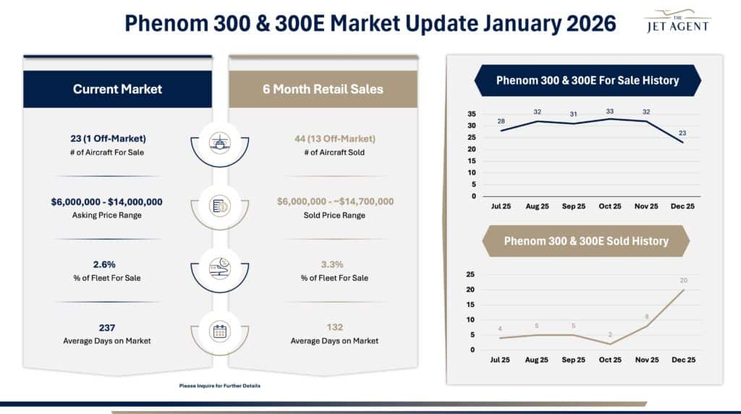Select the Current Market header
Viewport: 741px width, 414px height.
(x=117, y=89)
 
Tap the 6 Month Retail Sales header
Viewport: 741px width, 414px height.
(x=323, y=89)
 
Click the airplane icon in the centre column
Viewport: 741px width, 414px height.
(x=220, y=142)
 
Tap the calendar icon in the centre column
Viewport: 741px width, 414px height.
(x=220, y=331)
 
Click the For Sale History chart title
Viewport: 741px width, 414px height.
(x=587, y=80)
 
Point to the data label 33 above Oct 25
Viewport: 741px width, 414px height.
(x=610, y=111)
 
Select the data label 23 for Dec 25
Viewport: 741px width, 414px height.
(x=682, y=133)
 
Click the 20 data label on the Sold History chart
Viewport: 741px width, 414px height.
(x=684, y=280)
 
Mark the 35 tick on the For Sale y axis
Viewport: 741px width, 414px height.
(x=471, y=114)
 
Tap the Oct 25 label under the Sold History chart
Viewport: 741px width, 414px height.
(x=610, y=360)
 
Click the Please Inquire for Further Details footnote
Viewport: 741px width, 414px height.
(x=219, y=386)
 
